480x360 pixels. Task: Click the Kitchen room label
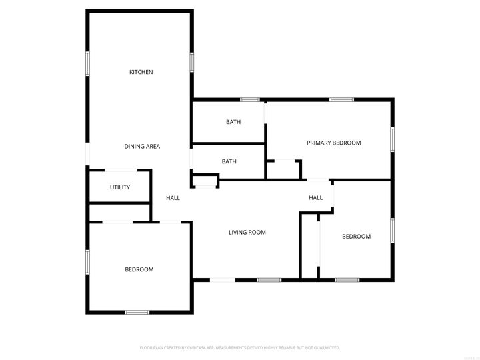pyautogui.click(x=141, y=72)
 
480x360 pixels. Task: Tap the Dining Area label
pyautogui.click(x=142, y=147)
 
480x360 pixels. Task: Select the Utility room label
pyautogui.click(x=120, y=187)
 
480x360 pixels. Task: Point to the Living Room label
pyautogui.click(x=247, y=233)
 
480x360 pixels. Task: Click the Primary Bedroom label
pyautogui.click(x=333, y=143)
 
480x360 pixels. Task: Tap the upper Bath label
pyautogui.click(x=233, y=122)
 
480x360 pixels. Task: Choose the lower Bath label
pyautogui.click(x=229, y=161)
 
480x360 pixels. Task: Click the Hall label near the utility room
pyautogui.click(x=173, y=198)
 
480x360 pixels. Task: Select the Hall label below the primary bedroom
pyautogui.click(x=315, y=198)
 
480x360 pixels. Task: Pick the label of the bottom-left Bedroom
pyautogui.click(x=139, y=269)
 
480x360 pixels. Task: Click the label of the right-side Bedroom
pyautogui.click(x=356, y=237)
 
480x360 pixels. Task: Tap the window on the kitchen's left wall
pyautogui.click(x=87, y=62)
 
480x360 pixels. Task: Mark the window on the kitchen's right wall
pyautogui.click(x=192, y=62)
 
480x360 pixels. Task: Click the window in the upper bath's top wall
pyautogui.click(x=250, y=100)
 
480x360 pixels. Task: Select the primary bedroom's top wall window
pyautogui.click(x=341, y=100)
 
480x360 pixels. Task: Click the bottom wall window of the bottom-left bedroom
pyautogui.click(x=137, y=312)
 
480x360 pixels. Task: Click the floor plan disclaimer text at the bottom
pyautogui.click(x=240, y=347)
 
